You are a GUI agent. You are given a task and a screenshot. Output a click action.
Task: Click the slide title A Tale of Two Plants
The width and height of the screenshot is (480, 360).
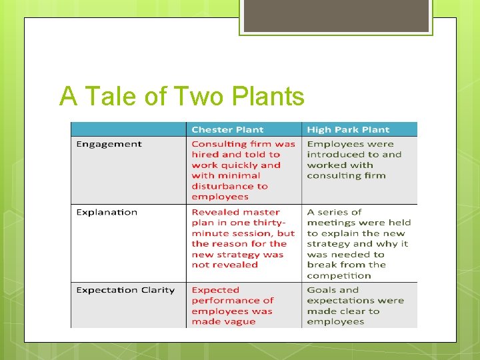[x=181, y=97]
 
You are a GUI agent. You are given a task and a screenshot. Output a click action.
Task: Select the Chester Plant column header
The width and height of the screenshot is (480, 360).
[x=227, y=130]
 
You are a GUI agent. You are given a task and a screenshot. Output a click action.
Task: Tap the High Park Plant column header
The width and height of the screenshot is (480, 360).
[x=348, y=130]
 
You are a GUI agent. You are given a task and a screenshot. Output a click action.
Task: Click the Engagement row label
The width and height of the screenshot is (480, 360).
[x=109, y=144]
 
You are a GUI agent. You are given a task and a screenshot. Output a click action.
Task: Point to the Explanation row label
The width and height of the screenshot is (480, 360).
[x=107, y=212]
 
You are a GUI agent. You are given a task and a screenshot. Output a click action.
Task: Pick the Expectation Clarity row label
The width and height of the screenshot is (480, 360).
[x=125, y=290]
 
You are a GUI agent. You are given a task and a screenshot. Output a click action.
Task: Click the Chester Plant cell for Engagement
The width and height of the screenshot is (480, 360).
[x=243, y=170]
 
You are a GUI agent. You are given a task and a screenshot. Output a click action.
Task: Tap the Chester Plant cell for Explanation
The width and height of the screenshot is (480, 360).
[x=243, y=238]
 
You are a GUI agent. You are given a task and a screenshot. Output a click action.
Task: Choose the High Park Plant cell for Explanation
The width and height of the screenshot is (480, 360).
[x=359, y=243]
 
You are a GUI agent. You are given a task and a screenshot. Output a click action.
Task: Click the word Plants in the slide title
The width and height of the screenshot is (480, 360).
[x=269, y=97]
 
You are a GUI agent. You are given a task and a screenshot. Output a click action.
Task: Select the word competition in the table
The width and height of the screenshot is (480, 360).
[x=339, y=275]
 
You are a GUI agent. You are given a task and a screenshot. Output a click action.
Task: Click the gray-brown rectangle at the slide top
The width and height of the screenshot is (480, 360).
[x=335, y=16]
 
